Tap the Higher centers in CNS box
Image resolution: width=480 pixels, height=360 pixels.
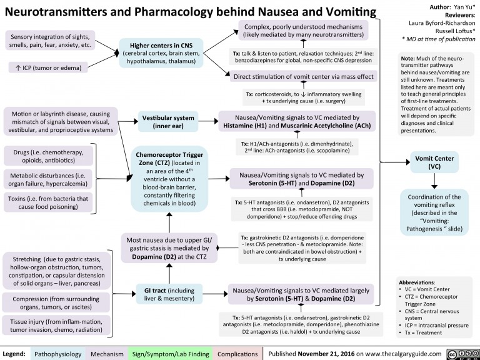pos(160,53)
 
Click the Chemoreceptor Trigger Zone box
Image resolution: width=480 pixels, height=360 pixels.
pos(167,178)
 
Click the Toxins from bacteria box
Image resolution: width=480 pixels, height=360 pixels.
pos(48,202)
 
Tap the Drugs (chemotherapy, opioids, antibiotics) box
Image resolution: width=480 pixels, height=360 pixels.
pos(48,156)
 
